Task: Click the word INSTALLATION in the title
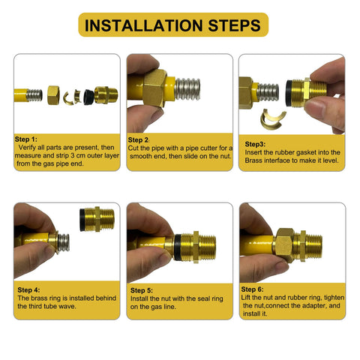(x=143, y=25)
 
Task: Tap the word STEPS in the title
(x=234, y=25)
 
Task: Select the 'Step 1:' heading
(x=26, y=139)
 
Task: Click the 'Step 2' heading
(x=138, y=140)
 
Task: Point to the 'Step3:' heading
(x=255, y=144)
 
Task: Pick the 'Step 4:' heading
(x=28, y=290)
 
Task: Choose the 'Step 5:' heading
(x=142, y=290)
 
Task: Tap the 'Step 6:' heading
(x=252, y=289)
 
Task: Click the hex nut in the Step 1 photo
(x=53, y=95)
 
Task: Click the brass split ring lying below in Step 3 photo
(x=273, y=119)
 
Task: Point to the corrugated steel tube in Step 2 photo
(x=187, y=89)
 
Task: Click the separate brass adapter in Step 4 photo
(x=97, y=219)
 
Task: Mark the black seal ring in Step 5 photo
(x=178, y=247)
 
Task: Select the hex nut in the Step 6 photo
(x=284, y=245)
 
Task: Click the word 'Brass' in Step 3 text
(x=253, y=160)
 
